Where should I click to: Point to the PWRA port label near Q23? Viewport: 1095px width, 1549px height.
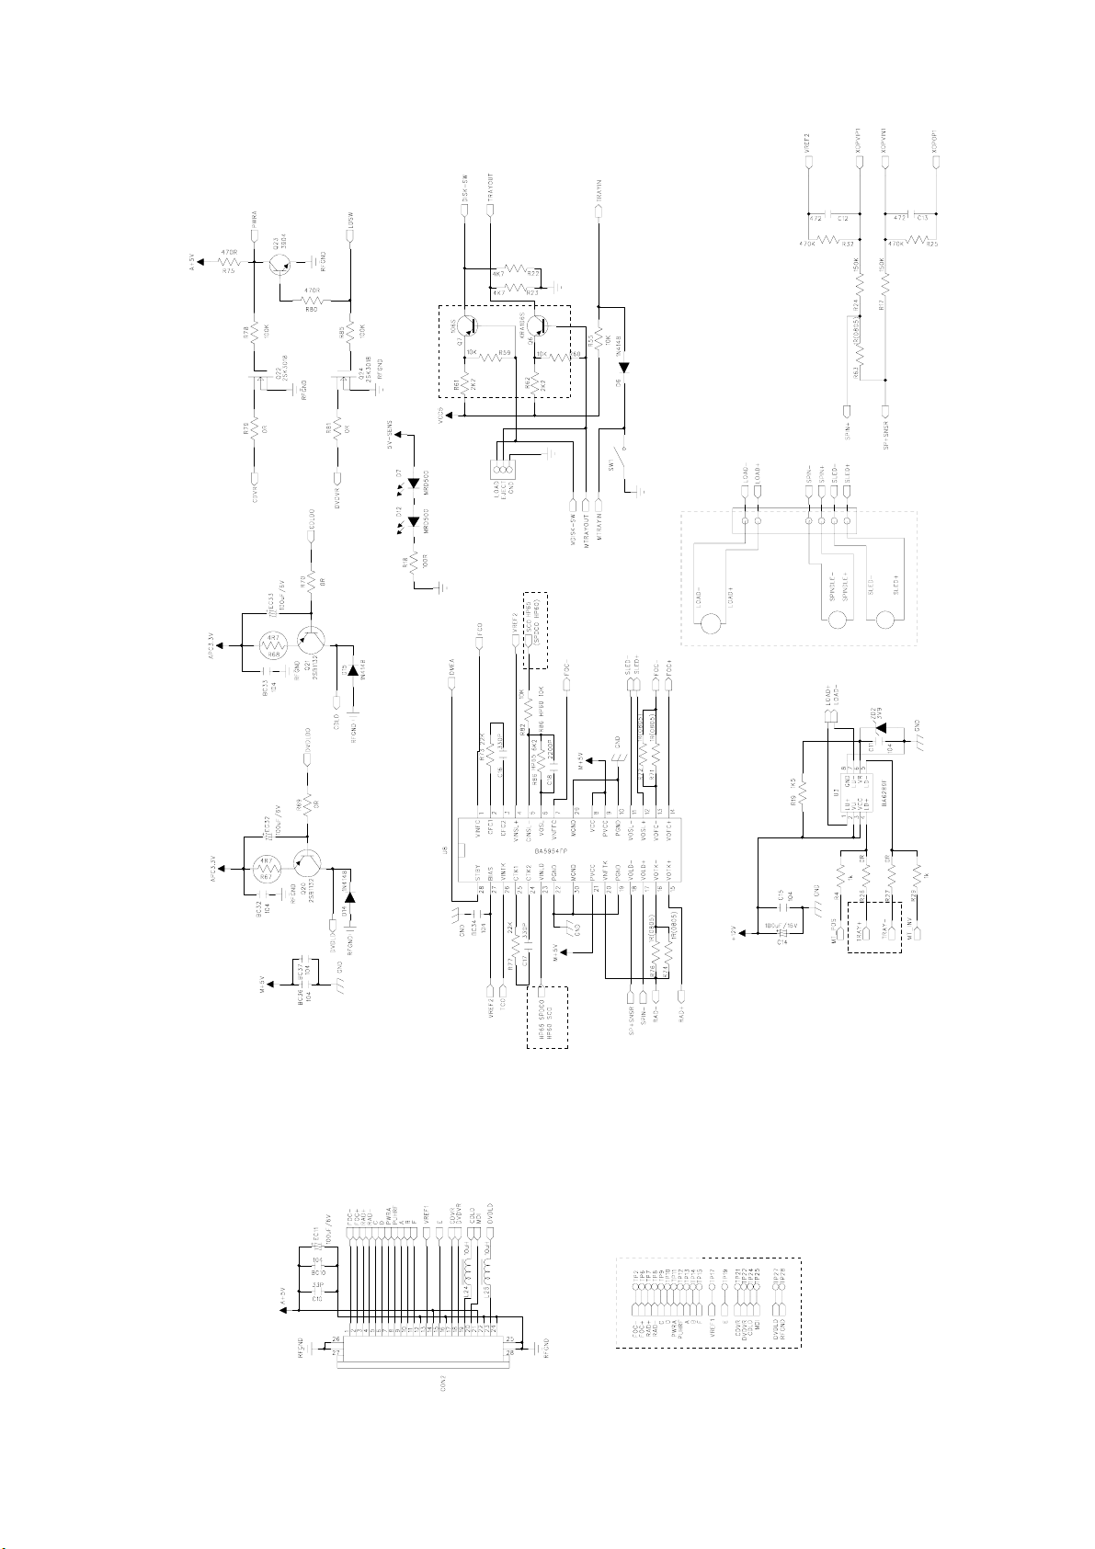pos(255,212)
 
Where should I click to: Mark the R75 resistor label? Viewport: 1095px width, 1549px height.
pos(229,270)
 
